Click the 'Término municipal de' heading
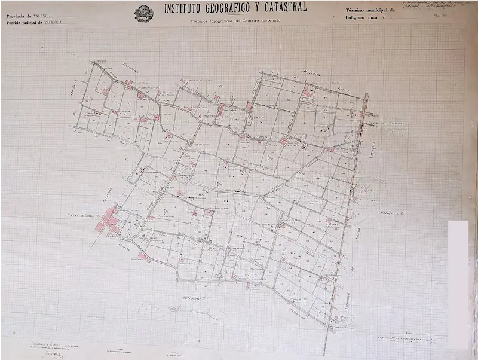(370, 11)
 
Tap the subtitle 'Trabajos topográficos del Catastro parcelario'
(235, 21)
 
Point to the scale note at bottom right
(412, 340)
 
